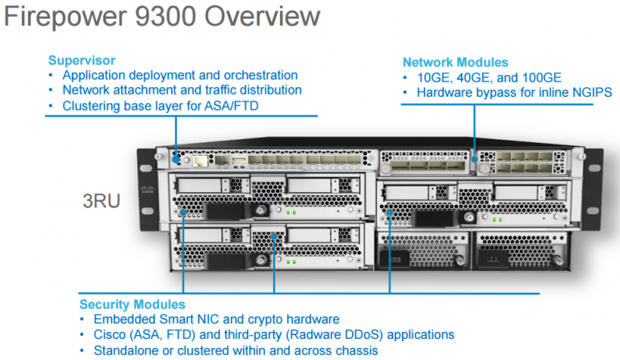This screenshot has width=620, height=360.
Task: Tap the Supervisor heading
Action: (82, 61)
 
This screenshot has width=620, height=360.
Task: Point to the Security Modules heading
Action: (132, 304)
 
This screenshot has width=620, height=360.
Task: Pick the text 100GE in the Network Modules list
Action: (529, 78)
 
